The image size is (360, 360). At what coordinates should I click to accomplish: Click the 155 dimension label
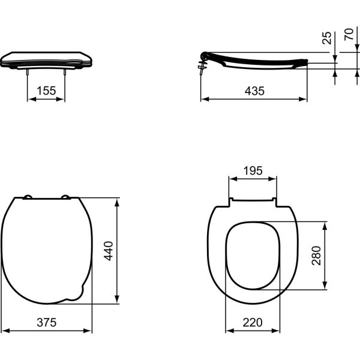46,90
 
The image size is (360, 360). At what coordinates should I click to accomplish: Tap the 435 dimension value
254,90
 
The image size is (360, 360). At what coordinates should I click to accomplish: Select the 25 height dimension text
326,38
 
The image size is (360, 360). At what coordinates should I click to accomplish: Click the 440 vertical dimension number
109,250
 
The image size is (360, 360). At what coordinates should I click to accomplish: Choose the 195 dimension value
253,170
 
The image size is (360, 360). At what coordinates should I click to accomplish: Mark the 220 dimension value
253,322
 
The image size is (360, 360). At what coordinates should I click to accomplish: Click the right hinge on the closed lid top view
66,197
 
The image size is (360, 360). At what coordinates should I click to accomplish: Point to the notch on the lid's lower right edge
77,293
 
